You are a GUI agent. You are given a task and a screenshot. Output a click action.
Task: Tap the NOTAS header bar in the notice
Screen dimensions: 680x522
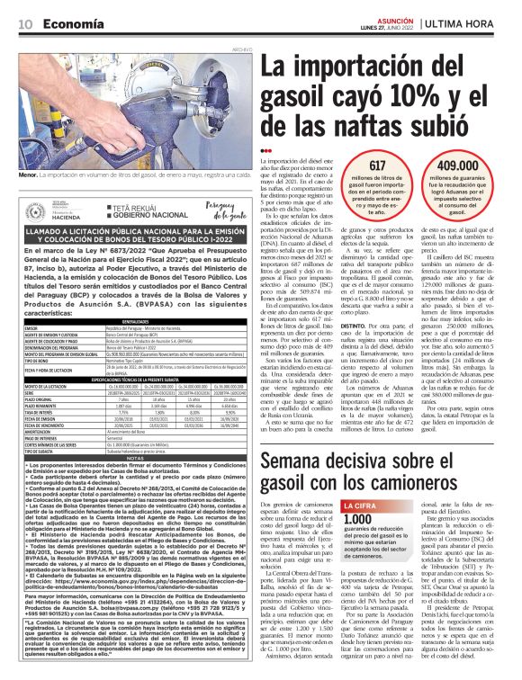tap(134, 456)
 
